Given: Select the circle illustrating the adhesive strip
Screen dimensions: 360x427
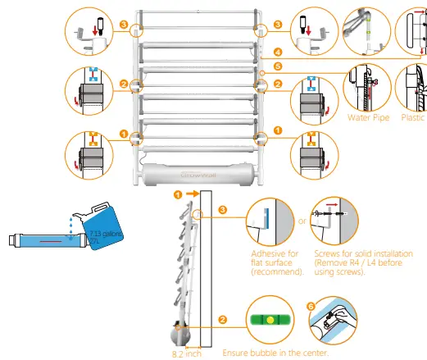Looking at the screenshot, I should pyautogui.click(x=267, y=219).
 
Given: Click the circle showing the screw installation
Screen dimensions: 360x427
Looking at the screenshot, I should pyautogui.click(x=334, y=219).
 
